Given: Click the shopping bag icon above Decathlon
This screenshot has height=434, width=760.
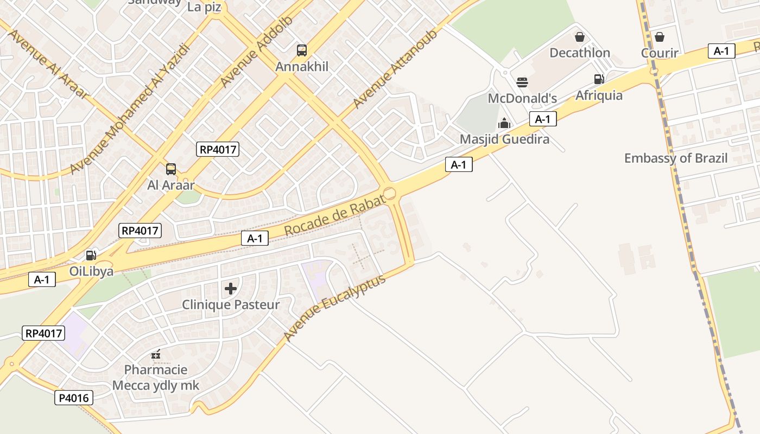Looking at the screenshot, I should [580, 37].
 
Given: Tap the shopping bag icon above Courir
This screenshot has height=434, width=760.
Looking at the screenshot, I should [660, 37].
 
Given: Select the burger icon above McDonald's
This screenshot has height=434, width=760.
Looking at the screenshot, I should [522, 82].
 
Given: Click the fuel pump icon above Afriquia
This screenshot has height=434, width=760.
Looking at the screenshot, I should [599, 79].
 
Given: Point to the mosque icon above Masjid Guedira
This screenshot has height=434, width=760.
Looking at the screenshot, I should [504, 123].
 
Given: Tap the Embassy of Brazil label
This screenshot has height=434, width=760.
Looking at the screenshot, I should [675, 158].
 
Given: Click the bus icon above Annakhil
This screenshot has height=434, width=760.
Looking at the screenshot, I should [302, 50].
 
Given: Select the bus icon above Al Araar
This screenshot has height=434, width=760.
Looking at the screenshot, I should [171, 169].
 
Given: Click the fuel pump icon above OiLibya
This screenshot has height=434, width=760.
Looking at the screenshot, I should [91, 255].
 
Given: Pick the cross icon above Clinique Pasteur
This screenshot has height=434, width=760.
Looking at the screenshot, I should [231, 289].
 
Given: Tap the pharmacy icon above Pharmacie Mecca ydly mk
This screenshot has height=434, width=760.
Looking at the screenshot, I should [156, 354].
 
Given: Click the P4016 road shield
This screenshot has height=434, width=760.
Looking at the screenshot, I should [74, 398].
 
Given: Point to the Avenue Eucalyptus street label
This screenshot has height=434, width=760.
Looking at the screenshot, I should [334, 308].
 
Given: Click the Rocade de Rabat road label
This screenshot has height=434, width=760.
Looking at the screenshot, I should [335, 214].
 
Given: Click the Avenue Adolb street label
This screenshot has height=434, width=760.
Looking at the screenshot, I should [256, 52].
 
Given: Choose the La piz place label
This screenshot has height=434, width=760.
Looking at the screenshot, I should [204, 7].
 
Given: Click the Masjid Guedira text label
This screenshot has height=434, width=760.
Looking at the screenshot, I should [504, 139].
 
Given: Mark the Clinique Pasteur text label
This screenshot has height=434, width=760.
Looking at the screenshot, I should [231, 305].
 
